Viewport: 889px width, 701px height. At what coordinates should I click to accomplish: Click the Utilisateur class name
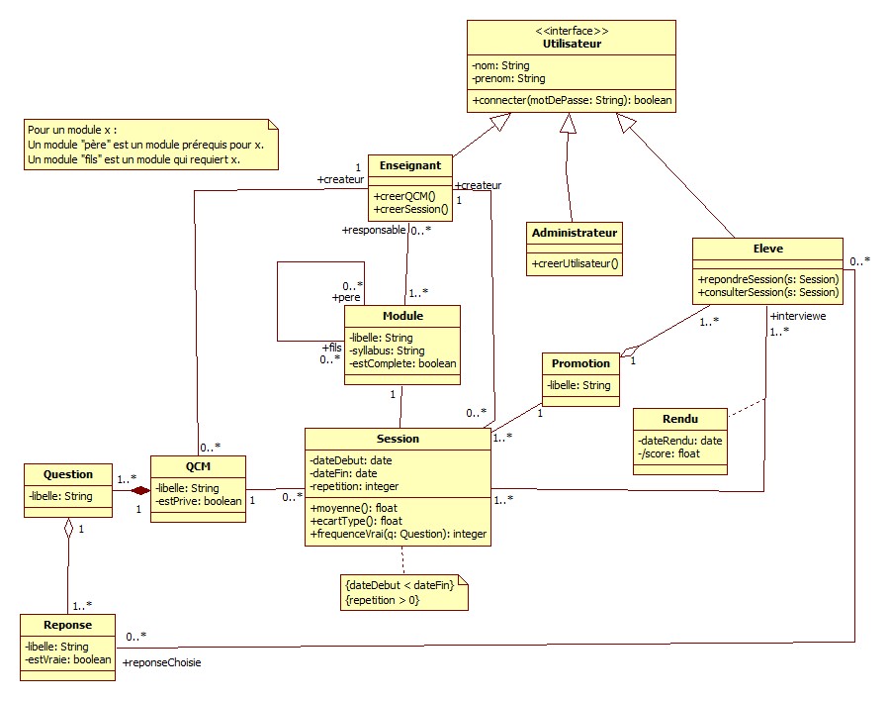coord(572,44)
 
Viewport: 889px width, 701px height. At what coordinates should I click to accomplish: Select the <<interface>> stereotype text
coord(572,31)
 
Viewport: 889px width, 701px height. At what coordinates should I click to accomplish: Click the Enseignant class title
coord(409,165)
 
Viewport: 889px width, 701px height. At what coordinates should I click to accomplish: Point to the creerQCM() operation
coord(404,196)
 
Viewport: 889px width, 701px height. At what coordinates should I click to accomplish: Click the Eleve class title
coord(767,249)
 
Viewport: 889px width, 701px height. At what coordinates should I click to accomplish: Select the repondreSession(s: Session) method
coord(768,279)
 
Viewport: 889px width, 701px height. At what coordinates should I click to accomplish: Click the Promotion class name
coord(580,363)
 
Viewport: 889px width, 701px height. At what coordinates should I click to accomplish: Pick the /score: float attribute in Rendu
coord(668,454)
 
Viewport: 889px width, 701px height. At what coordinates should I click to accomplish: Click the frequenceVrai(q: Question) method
coord(399,534)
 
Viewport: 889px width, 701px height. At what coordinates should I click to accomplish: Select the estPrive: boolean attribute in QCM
coord(198,501)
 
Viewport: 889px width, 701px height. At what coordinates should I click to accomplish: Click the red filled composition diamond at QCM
coord(141,489)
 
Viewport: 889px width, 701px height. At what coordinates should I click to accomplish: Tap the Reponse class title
coord(67,625)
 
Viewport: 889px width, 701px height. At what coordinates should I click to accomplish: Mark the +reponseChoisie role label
coord(162,662)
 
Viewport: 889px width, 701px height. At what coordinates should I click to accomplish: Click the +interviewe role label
coord(797,316)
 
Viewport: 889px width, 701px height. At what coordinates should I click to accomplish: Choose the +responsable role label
coord(374,231)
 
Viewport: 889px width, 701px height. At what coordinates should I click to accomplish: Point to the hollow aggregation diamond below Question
coord(68,529)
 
